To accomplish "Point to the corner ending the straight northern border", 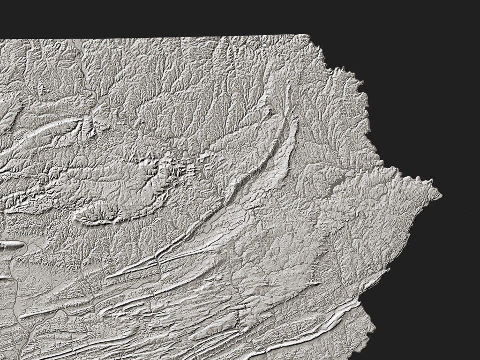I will pos(307,35).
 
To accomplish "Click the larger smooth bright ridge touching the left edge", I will pos(12,245).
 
